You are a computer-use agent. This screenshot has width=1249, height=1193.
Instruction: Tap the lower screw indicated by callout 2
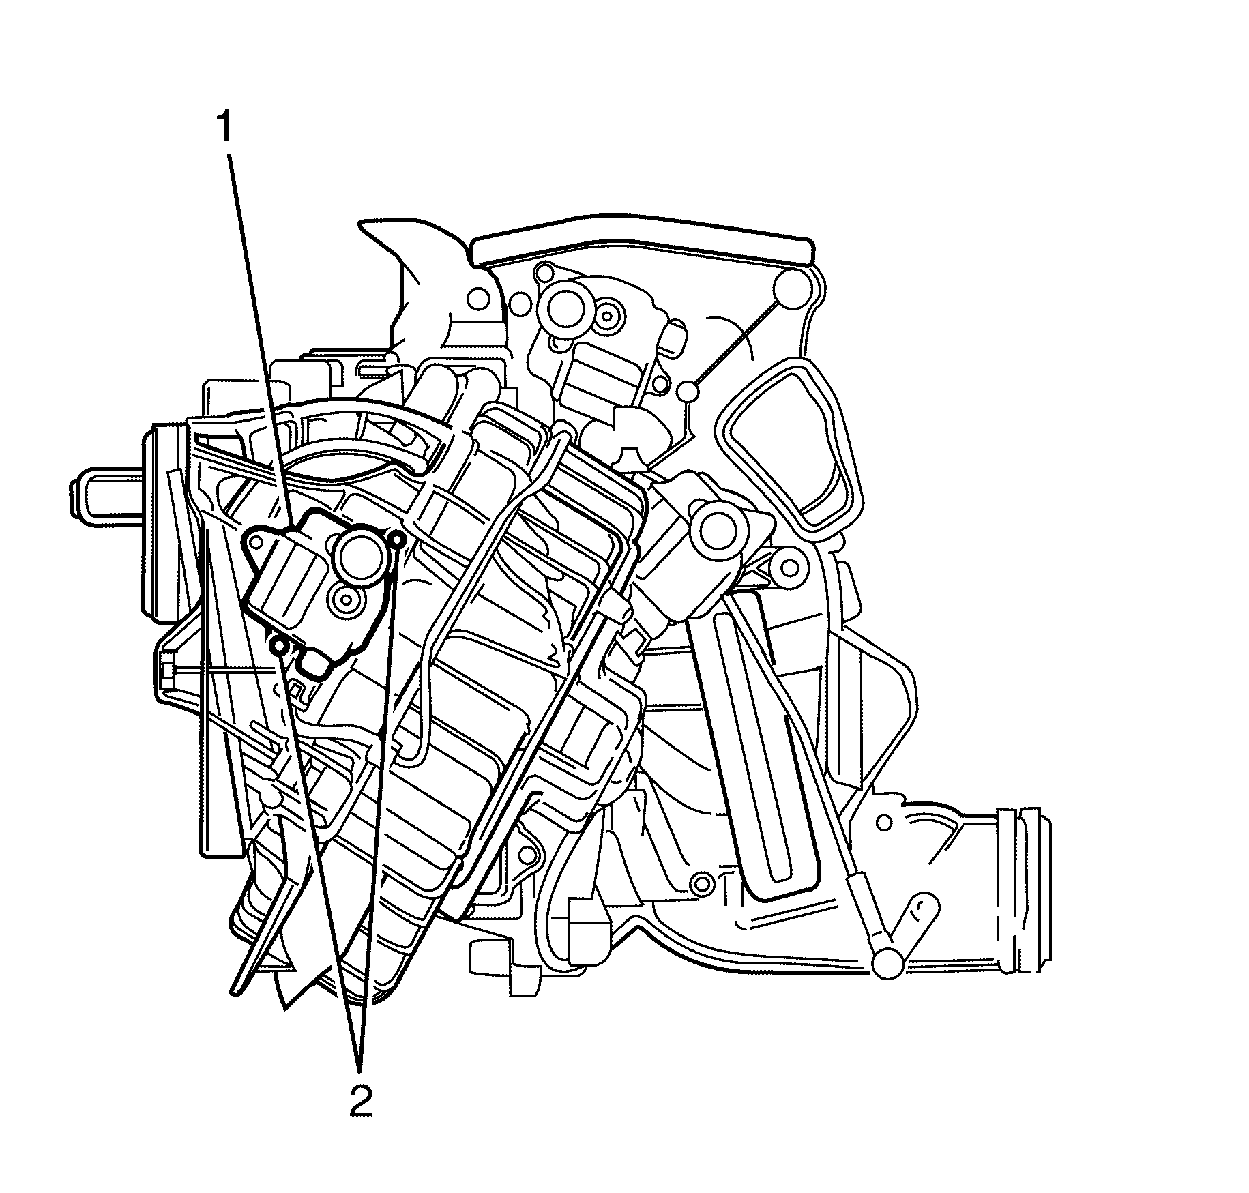(279, 644)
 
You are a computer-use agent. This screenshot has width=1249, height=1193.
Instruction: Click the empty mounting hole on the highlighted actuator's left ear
(257, 543)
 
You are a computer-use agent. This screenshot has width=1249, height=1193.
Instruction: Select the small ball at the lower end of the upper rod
(688, 391)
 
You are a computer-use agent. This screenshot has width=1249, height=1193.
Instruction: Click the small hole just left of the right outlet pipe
(884, 824)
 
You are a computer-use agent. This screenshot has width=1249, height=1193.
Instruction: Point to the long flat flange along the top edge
(641, 250)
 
